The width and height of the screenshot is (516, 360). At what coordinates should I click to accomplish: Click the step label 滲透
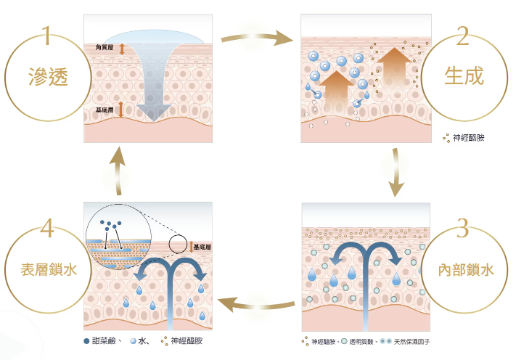[47, 75]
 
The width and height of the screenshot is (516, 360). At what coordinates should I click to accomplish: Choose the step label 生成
[463, 75]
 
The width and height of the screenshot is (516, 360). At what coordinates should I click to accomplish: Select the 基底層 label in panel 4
[203, 247]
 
